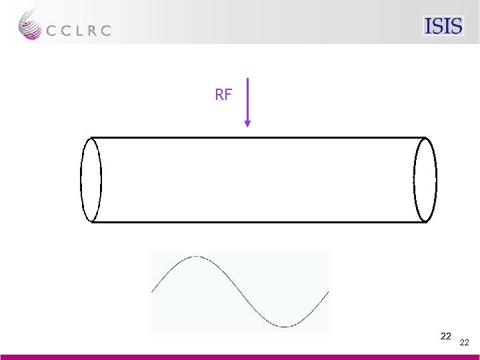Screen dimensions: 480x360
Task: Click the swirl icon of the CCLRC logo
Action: (x=30, y=25)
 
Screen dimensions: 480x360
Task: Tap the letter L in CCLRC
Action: (x=78, y=31)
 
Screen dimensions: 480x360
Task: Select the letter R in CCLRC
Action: (x=91, y=31)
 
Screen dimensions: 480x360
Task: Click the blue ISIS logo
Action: (x=443, y=26)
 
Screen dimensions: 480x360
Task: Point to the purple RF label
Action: (x=223, y=95)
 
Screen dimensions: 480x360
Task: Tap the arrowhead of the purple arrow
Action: (x=247, y=124)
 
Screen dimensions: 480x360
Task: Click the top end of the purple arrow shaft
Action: (x=247, y=79)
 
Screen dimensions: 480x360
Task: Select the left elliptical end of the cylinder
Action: (x=81, y=180)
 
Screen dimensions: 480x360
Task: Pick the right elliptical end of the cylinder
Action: (x=414, y=180)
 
